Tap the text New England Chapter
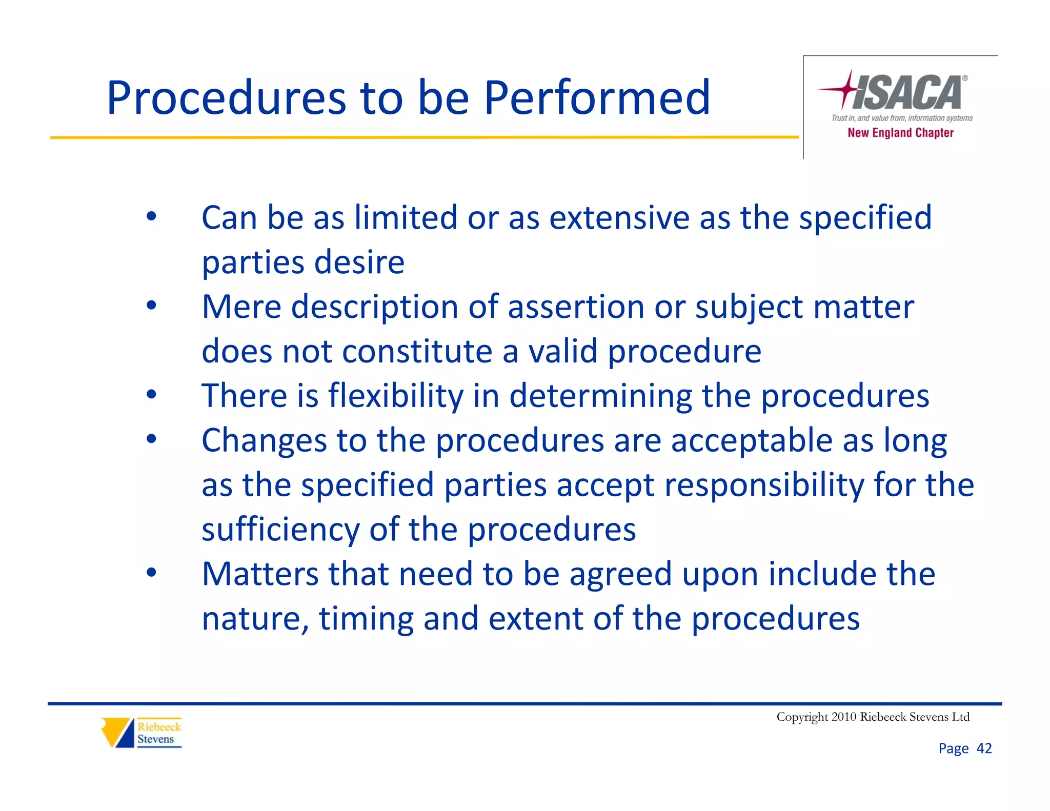900,133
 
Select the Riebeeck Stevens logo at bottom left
142,733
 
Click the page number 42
984,748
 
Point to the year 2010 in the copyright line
844,717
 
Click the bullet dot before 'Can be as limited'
151,216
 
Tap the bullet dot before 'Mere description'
151,306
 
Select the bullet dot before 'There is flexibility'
151,394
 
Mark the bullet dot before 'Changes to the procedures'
151,439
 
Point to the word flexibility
396,396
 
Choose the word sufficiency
280,529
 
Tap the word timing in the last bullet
366,618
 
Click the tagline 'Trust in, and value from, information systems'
902,118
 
